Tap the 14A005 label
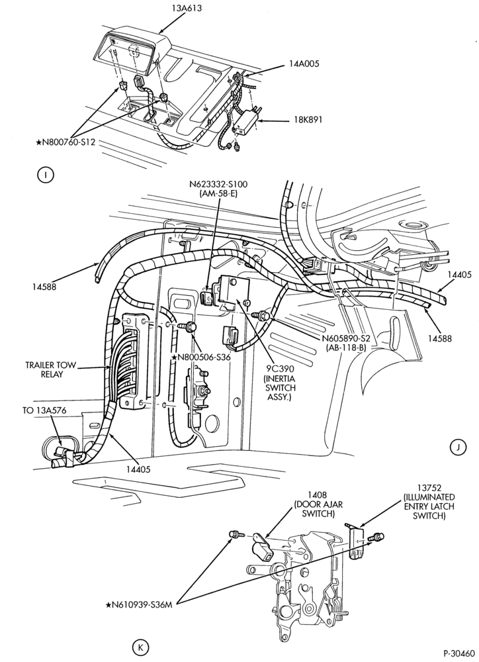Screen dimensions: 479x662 click(304, 64)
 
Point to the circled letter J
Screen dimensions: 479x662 click(458, 448)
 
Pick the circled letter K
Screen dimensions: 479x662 click(140, 646)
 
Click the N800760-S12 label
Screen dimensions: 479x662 click(65, 142)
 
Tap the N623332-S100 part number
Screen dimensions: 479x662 click(218, 184)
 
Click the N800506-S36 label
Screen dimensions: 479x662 click(201, 357)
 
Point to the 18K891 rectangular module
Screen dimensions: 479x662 click(246, 122)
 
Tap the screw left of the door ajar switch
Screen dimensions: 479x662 click(234, 534)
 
